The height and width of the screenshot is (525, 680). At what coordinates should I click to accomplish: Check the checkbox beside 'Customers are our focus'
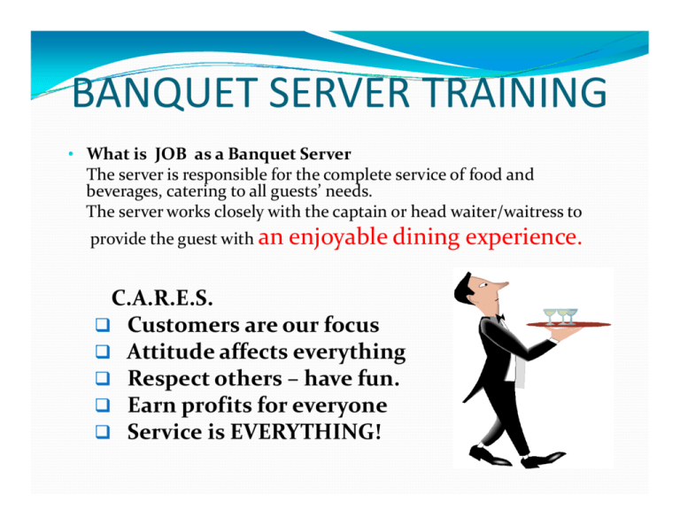point(103,326)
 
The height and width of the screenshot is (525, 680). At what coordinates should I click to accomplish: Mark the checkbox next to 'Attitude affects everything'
point(103,353)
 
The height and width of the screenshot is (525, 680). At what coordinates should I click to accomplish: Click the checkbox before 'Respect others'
point(103,380)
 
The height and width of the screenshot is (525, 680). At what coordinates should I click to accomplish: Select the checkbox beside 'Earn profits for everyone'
point(103,406)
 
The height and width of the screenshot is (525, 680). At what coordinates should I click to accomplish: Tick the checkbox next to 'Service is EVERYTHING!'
point(103,434)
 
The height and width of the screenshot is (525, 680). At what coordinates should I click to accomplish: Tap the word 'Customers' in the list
point(180,326)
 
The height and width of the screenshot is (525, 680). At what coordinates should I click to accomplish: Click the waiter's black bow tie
point(499,317)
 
